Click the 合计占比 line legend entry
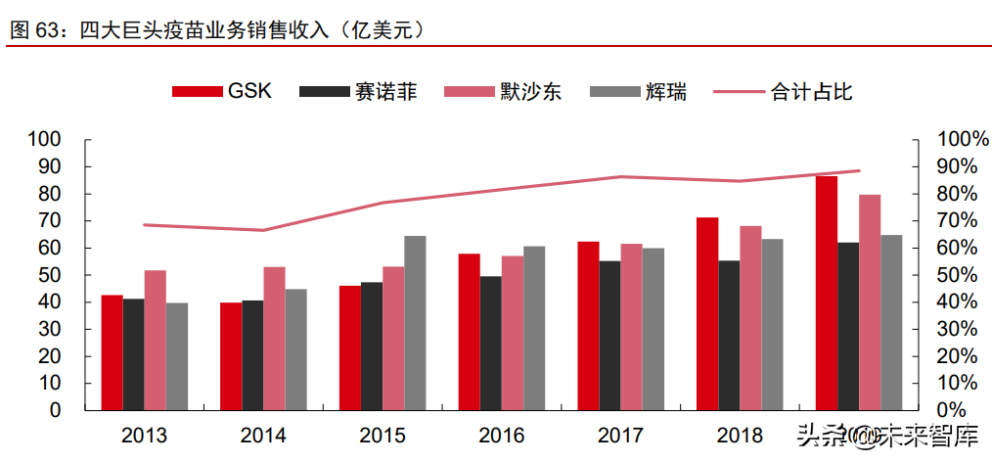click(784, 92)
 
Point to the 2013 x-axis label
click(145, 436)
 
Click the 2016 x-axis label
click(502, 436)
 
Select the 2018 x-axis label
click(740, 436)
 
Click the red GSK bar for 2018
click(707, 313)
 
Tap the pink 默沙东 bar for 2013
click(156, 340)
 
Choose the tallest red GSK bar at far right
click(827, 293)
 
